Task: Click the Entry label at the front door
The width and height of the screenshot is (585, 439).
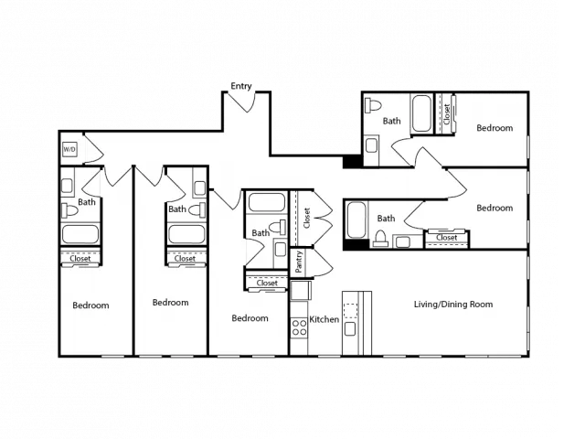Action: (241, 86)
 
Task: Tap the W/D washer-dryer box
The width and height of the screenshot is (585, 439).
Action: (69, 150)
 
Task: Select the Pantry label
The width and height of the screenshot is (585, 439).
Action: (298, 262)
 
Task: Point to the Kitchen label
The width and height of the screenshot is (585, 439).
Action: (324, 319)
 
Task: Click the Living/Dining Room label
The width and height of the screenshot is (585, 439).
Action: (453, 305)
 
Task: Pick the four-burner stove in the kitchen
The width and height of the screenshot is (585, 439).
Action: (299, 327)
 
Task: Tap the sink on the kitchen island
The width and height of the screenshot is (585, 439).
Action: (350, 329)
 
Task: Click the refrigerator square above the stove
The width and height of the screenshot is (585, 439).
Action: (301, 291)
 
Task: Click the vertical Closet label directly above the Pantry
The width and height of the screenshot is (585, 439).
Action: (307, 218)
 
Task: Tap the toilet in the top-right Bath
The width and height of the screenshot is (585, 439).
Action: (373, 105)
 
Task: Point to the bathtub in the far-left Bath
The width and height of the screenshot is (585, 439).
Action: (80, 234)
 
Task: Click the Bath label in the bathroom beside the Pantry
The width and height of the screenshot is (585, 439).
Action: (261, 233)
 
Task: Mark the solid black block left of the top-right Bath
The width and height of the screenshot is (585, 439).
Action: (352, 161)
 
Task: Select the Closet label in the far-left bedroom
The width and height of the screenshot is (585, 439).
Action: (80, 258)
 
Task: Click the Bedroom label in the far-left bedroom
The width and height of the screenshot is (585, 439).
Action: (90, 305)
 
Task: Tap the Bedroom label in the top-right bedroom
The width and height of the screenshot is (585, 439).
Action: (495, 128)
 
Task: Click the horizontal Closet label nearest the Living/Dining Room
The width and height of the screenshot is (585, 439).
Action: (447, 238)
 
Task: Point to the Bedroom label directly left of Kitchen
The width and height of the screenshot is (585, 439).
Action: (250, 318)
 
